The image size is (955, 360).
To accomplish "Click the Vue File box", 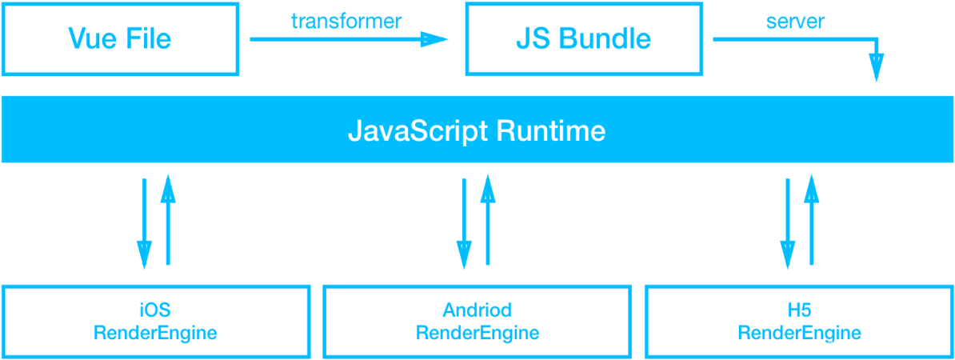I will click(120, 39).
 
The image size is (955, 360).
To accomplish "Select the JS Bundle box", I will click(584, 39).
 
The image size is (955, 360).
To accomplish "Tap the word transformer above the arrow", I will click(346, 22).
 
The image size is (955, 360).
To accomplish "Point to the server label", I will click(794, 22).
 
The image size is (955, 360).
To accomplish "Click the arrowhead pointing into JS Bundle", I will click(435, 38).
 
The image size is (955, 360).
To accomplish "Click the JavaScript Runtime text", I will click(477, 130).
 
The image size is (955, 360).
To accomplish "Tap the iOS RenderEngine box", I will click(155, 321).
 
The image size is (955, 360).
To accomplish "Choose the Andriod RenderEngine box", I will click(477, 321).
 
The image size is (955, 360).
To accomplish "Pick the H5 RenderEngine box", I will click(799, 321).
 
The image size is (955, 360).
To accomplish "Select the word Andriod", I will click(477, 310).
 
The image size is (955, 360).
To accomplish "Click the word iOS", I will click(155, 310).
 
